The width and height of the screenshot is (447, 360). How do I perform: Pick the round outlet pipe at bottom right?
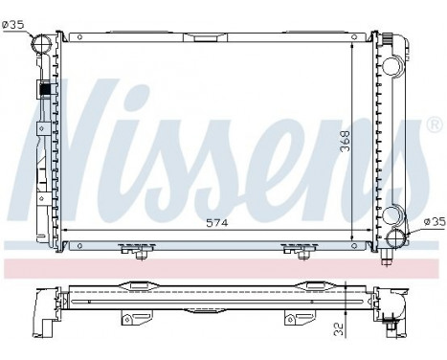[397, 239]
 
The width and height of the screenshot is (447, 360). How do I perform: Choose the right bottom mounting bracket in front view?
[299, 251]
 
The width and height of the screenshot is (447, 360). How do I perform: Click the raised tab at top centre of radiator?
[205, 38]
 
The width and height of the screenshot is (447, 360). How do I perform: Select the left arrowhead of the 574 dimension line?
[69, 232]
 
